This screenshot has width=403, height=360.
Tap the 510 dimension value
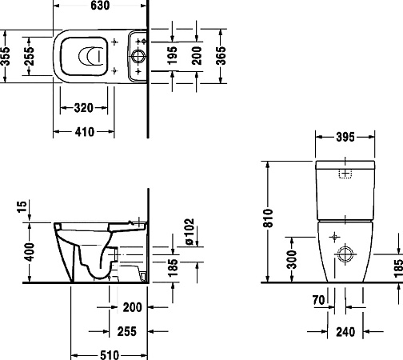pos(109,353)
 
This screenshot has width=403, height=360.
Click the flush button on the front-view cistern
pos(345,174)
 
